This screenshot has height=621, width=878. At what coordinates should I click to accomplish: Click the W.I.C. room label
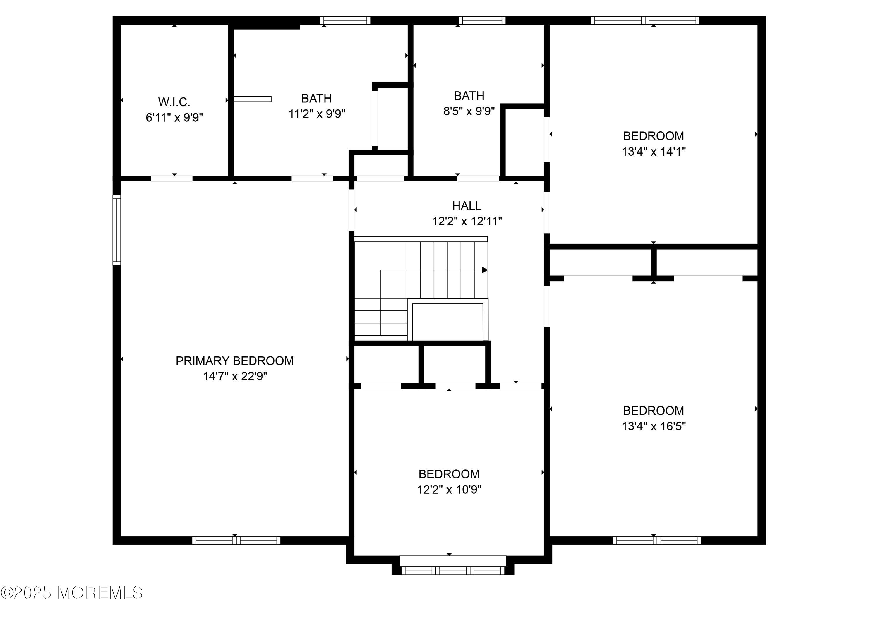[174, 102]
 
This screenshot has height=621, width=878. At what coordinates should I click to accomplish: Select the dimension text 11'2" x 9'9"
[317, 114]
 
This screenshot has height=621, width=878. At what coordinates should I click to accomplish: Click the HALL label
[467, 206]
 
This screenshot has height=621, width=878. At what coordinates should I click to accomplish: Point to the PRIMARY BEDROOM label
[234, 361]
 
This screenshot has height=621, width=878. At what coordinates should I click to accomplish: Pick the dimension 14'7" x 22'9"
[234, 376]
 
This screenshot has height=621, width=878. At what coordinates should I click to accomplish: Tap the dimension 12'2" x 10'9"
[449, 490]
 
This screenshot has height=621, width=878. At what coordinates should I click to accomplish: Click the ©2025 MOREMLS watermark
[71, 593]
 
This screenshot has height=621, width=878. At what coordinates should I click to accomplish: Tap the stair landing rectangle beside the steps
[447, 322]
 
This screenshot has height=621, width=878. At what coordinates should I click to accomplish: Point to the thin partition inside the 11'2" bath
[252, 99]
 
